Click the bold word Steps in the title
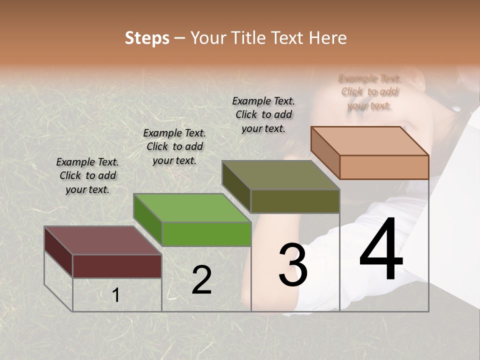[147, 38]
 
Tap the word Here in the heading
[327, 38]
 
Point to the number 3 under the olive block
[293, 264]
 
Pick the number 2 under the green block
[201, 280]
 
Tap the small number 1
[116, 295]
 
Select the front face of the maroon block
[117, 266]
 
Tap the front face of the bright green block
[206, 234]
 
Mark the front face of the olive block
[295, 201]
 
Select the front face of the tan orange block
[384, 167]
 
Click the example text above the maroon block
[87, 175]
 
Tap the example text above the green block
[174, 146]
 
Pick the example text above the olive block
[263, 114]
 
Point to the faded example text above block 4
[369, 92]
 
